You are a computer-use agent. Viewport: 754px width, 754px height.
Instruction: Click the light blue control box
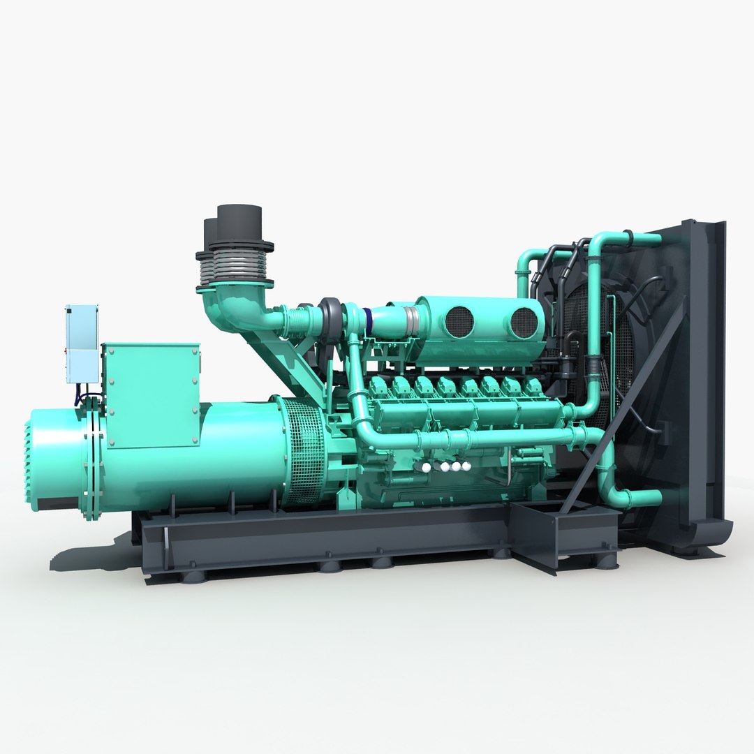click(81, 343)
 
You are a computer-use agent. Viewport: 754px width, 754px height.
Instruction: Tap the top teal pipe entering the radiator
click(628, 241)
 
